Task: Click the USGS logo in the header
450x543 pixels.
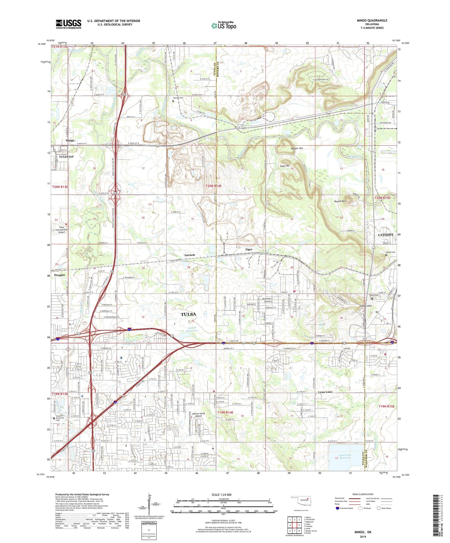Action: (69, 24)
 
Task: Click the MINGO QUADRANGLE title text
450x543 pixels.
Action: (372, 21)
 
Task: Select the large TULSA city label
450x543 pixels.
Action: (188, 314)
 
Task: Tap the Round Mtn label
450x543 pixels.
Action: (339, 202)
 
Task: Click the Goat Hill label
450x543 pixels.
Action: (284, 166)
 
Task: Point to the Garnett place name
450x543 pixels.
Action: (190, 255)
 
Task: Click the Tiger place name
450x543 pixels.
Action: (249, 249)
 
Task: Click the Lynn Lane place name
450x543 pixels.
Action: (325, 392)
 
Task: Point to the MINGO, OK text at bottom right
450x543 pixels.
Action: (363, 532)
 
